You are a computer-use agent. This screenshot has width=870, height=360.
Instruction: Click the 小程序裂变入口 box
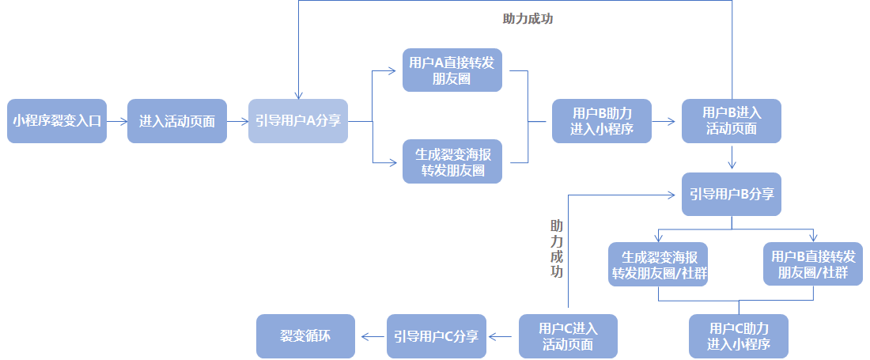pyautogui.click(x=57, y=121)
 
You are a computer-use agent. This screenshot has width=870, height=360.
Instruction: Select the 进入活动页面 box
pyautogui.click(x=176, y=121)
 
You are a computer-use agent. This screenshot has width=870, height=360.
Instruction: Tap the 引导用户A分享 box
pyautogui.click(x=297, y=121)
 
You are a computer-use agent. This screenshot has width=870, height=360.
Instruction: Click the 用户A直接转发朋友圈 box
pyautogui.click(x=452, y=70)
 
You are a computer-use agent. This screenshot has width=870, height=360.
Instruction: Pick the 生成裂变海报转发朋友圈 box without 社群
pyautogui.click(x=452, y=161)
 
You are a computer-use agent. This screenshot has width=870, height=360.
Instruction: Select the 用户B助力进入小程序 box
pyautogui.click(x=601, y=121)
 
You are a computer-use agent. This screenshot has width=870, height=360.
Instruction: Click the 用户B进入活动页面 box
pyautogui.click(x=732, y=121)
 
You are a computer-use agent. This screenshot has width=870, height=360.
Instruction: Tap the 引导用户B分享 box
pyautogui.click(x=732, y=194)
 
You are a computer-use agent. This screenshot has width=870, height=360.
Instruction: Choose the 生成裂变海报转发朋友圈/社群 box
pyautogui.click(x=659, y=264)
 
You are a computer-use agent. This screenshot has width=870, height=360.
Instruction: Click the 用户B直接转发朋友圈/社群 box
pyautogui.click(x=813, y=264)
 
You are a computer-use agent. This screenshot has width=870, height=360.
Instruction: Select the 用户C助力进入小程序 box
pyautogui.click(x=738, y=336)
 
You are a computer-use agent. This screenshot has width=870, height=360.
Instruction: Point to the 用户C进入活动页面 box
pyautogui.click(x=568, y=336)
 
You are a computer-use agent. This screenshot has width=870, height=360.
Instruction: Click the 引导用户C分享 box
pyautogui.click(x=437, y=336)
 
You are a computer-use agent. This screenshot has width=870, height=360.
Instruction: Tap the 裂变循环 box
pyautogui.click(x=306, y=336)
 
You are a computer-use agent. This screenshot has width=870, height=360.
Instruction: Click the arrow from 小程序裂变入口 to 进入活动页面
pyautogui.click(x=117, y=121)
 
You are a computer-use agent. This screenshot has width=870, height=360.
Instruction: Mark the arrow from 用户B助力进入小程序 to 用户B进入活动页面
pyautogui.click(x=666, y=121)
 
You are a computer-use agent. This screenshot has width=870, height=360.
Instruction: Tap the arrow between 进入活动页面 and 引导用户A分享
pyautogui.click(x=237, y=121)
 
